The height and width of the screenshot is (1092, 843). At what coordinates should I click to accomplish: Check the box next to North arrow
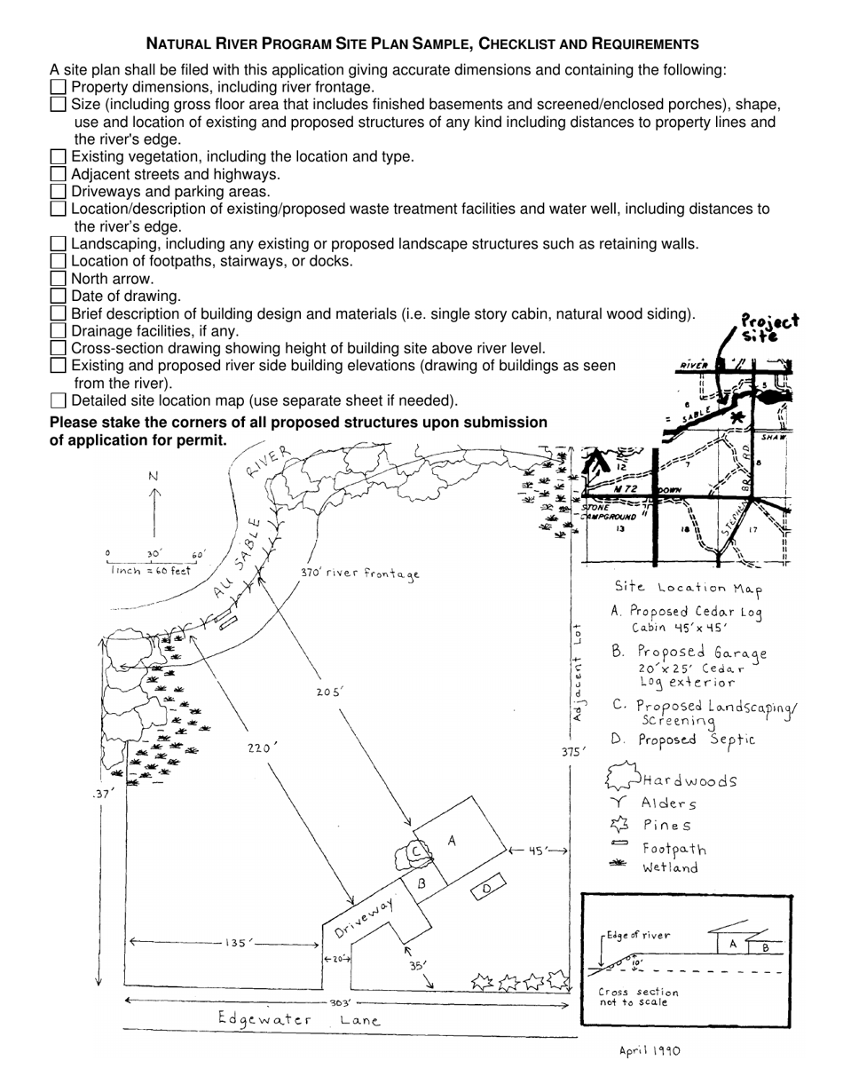pyautogui.click(x=58, y=279)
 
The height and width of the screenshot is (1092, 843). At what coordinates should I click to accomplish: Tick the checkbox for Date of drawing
pyautogui.click(x=58, y=296)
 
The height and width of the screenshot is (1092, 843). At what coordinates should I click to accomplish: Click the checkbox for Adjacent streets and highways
pyautogui.click(x=58, y=174)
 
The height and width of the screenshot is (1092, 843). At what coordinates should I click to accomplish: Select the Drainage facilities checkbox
pyautogui.click(x=58, y=330)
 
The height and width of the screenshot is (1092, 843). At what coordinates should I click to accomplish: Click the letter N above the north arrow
pyautogui.click(x=154, y=477)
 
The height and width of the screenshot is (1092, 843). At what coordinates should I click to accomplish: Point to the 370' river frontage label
pyautogui.click(x=359, y=574)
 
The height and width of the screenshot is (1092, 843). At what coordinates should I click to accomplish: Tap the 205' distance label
pyautogui.click(x=329, y=692)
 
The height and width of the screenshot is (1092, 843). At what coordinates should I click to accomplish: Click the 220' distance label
pyautogui.click(x=259, y=748)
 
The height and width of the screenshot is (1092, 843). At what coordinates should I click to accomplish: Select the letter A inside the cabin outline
pyautogui.click(x=452, y=840)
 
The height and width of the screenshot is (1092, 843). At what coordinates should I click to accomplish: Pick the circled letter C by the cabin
pyautogui.click(x=414, y=851)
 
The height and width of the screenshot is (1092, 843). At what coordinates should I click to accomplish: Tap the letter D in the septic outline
pyautogui.click(x=486, y=889)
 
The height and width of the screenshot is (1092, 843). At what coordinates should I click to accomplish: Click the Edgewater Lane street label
pyautogui.click(x=300, y=1020)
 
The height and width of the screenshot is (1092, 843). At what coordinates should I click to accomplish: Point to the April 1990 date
pyautogui.click(x=650, y=1051)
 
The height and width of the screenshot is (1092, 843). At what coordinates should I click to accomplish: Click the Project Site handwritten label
pyautogui.click(x=768, y=328)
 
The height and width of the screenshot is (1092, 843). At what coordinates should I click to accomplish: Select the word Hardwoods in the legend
pyautogui.click(x=689, y=781)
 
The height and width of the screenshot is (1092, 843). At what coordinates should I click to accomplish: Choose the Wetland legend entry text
pyautogui.click(x=670, y=867)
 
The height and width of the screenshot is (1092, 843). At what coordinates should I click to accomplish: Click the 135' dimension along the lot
pyautogui.click(x=235, y=943)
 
